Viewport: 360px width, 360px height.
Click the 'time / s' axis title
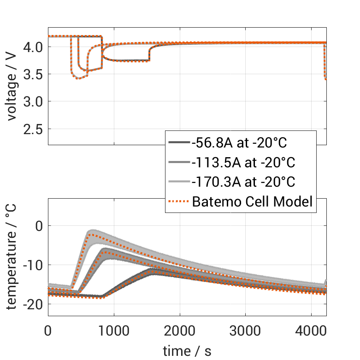187,351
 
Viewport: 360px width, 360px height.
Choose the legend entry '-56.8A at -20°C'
239,143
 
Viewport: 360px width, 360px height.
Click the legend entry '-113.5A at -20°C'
243,163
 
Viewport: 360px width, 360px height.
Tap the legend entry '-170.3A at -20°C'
243,182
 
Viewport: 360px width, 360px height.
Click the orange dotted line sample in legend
179,201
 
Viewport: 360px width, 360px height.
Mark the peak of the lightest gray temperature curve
93,231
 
